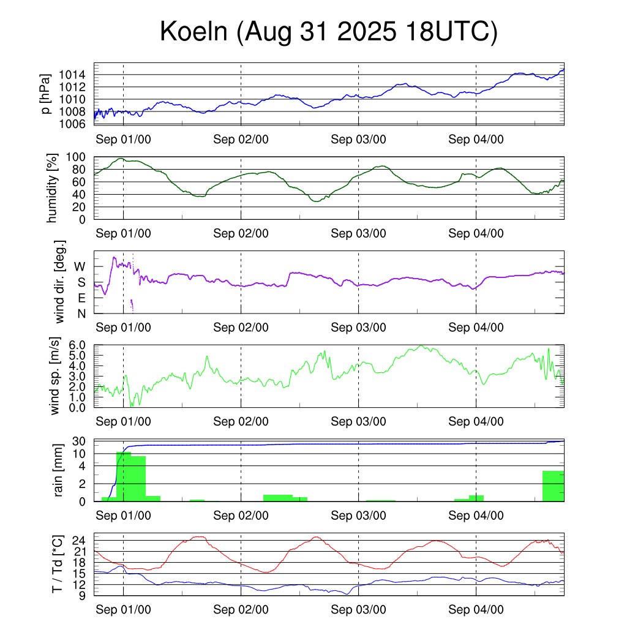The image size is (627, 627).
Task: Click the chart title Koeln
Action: pyautogui.click(x=328, y=32)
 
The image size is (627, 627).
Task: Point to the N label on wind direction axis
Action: pyautogui.click(x=80, y=313)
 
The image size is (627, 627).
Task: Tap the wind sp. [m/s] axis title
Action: pyautogui.click(x=56, y=376)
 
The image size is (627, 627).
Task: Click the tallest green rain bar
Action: pyautogui.click(x=123, y=476)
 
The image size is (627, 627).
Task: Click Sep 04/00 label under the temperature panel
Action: pyautogui.click(x=476, y=610)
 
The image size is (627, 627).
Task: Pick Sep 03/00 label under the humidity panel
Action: pyautogui.click(x=358, y=233)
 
